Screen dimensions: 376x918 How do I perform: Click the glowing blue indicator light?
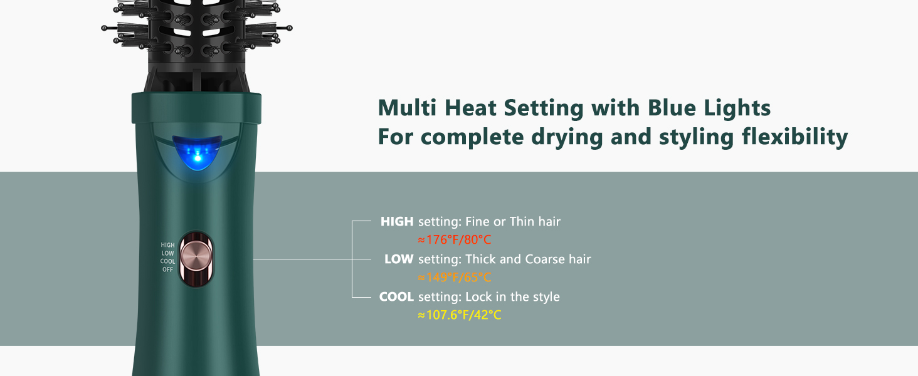196,154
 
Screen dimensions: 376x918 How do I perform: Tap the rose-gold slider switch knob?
196,258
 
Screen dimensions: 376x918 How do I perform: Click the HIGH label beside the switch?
167,246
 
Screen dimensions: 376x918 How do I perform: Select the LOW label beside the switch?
168,254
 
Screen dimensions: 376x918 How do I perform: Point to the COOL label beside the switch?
167,262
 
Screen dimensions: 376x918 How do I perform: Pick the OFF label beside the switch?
168,270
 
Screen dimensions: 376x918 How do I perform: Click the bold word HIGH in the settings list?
397,221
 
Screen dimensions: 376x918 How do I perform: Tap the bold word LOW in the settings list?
399,259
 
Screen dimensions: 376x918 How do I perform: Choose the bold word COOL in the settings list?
396,296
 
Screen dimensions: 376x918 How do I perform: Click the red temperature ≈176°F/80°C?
454,239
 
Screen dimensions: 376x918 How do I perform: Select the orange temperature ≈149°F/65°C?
454,277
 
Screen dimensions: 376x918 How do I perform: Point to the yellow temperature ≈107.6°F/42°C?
459,315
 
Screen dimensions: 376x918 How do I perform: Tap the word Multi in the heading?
408,108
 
